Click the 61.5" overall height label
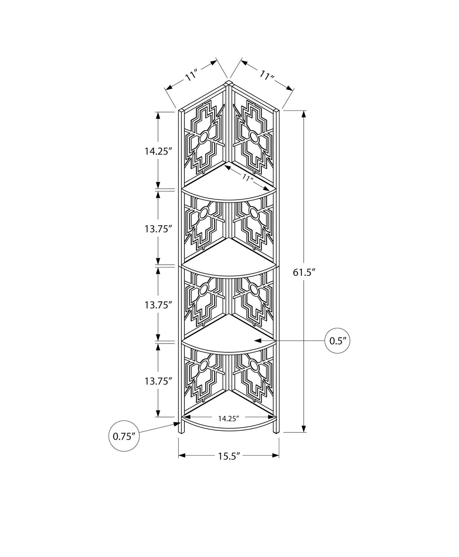pyautogui.click(x=304, y=272)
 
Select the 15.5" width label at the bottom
pyautogui.click(x=229, y=463)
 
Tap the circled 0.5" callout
pyautogui.click(x=337, y=340)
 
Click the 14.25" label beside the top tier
pyautogui.click(x=157, y=151)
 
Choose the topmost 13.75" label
pyautogui.click(x=157, y=229)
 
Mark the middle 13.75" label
pyautogui.click(x=157, y=305)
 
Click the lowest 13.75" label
pyautogui.click(x=157, y=381)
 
